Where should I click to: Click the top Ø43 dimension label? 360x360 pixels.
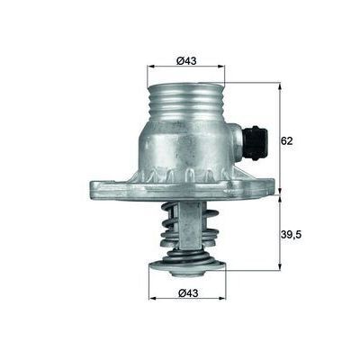click(185, 60)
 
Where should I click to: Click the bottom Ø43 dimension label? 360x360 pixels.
click(187, 292)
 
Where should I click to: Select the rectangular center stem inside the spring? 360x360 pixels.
click(191, 225)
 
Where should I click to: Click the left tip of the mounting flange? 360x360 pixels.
click(93, 188)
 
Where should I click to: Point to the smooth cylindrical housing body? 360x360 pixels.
click(184, 148)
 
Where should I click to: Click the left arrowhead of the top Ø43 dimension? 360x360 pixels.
click(149, 67)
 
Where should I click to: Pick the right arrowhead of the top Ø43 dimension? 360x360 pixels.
click(222, 67)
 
